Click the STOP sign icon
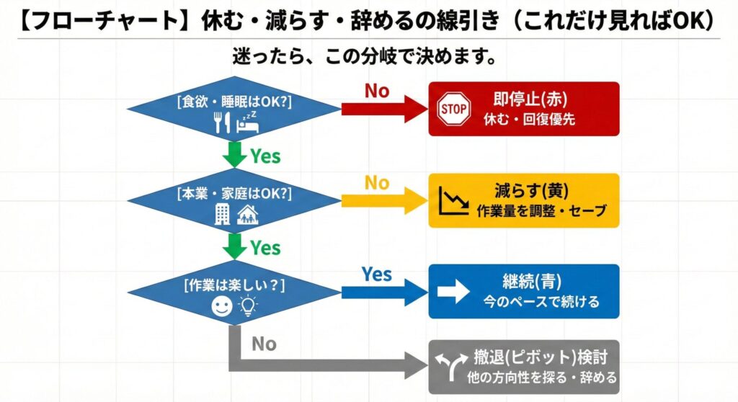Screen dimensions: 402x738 (x=454, y=110)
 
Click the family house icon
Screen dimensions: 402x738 (x=247, y=214)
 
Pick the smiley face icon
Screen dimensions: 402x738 (x=221, y=307)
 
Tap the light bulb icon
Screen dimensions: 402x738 (x=247, y=307)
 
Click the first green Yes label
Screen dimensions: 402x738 (x=264, y=156)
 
